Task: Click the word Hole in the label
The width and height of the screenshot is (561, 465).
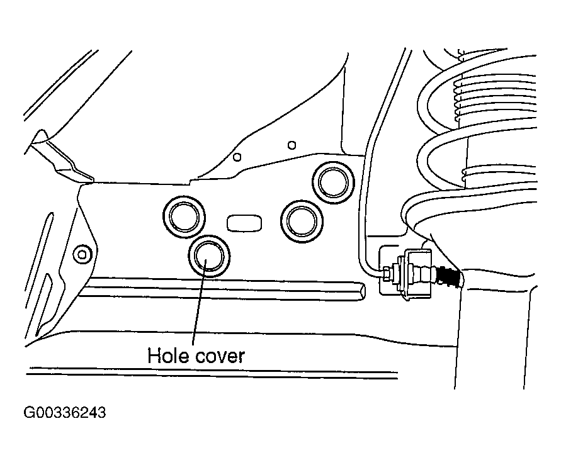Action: (169, 356)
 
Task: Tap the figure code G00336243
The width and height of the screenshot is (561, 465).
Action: (65, 413)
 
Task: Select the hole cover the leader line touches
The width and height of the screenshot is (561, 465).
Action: (209, 256)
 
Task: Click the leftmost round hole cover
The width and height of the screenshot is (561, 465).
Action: (184, 216)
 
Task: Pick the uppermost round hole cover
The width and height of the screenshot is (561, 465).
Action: (334, 182)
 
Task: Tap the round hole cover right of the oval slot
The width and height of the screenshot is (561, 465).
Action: (302, 221)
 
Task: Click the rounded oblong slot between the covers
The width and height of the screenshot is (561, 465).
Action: (244, 223)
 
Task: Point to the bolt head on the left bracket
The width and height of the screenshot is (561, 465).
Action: (82, 254)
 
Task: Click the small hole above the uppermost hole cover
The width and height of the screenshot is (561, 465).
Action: (292, 145)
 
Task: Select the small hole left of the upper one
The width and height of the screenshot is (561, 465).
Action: (237, 157)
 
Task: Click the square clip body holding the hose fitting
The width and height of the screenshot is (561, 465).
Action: (417, 274)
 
